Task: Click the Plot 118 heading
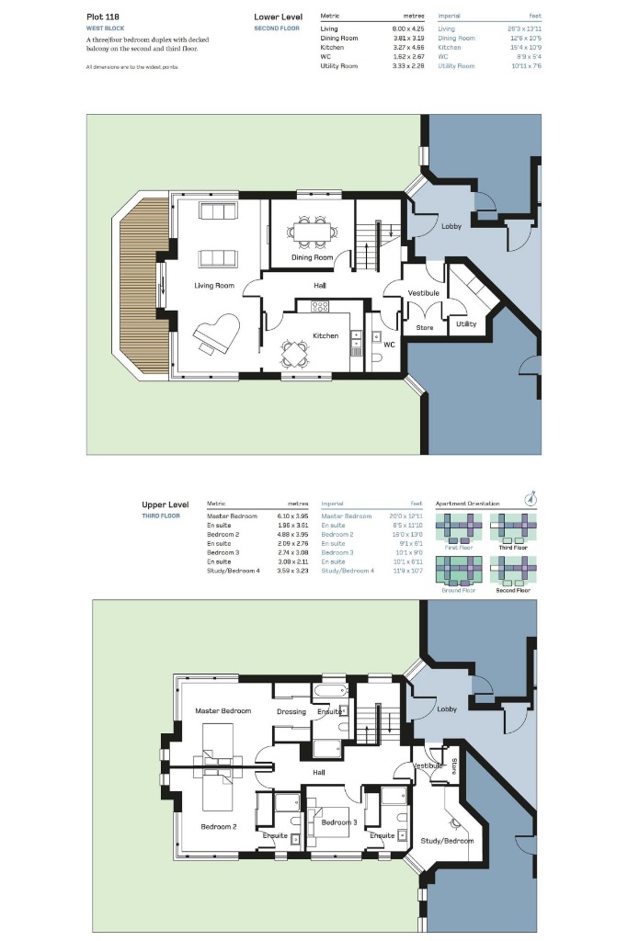tap(104, 17)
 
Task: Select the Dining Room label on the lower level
tap(312, 257)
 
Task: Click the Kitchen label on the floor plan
tap(325, 335)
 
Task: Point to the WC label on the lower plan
tap(389, 345)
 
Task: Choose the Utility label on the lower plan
tap(465, 323)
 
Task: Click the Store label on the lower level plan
tap(424, 327)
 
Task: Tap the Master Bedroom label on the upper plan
tap(223, 711)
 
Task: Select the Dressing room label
tap(291, 712)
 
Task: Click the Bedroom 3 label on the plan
tap(338, 822)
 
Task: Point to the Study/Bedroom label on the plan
tap(447, 841)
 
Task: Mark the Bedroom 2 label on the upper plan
tap(219, 827)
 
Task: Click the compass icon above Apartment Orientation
tap(529, 499)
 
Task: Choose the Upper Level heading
tap(166, 505)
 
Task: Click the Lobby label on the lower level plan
tap(451, 226)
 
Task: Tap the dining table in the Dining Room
tap(312, 231)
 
